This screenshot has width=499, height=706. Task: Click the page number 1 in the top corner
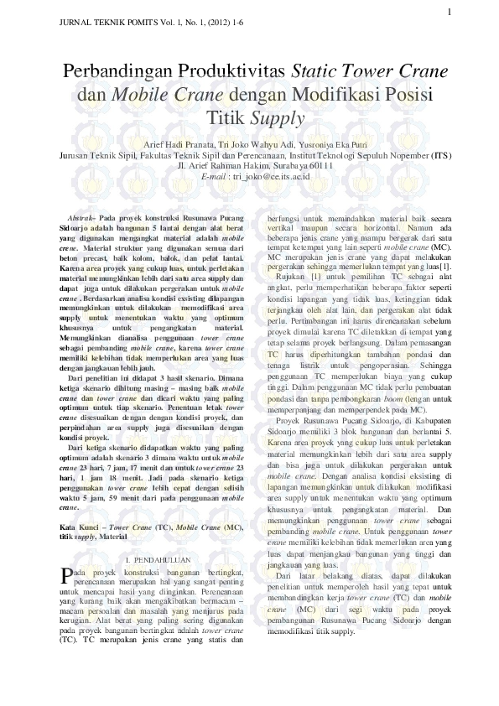click(x=450, y=11)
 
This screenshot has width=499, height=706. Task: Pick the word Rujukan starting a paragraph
click(x=292, y=276)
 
